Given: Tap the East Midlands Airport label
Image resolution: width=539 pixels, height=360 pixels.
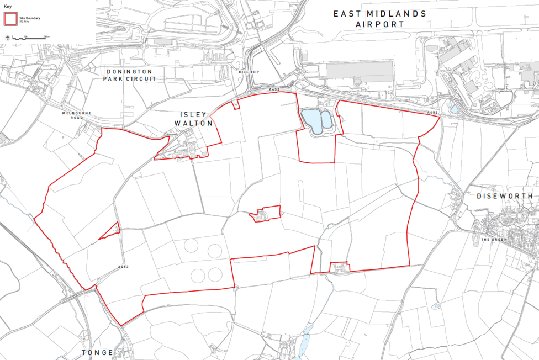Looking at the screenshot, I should tap(379, 18).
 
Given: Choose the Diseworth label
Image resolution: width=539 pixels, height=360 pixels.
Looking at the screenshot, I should tap(507, 196).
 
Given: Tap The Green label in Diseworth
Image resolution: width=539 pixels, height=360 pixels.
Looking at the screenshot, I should tap(493, 240).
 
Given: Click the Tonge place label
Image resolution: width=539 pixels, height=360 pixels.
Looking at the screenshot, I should tap(97, 352).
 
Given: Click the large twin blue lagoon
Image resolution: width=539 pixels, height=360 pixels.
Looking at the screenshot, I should tap(316, 120).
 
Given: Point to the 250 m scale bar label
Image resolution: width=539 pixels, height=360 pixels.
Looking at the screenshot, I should tap(45, 36).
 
